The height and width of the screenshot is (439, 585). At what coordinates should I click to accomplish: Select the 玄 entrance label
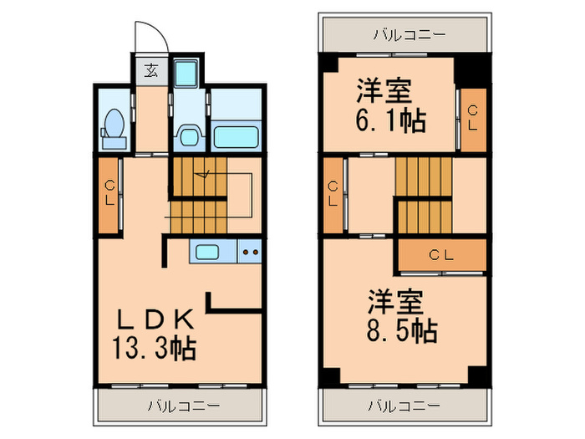pos(151,69)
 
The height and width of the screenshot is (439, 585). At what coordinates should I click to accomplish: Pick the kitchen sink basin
pos(206,250)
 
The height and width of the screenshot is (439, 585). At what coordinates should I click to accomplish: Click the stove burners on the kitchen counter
pos(250,250)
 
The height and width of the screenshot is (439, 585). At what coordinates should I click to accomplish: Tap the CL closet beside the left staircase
pos(109,194)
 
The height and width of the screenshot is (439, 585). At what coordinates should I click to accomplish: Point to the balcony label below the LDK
pos(184,407)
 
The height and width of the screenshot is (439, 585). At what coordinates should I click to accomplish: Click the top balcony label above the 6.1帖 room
pos(409,34)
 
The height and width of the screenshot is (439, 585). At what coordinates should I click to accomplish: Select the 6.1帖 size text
pos(391,120)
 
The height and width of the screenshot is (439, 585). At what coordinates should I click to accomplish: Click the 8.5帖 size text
pos(400,330)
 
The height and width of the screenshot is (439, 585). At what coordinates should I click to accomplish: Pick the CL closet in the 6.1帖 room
pos(472,118)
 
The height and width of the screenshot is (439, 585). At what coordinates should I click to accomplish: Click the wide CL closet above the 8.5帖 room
pos(441,255)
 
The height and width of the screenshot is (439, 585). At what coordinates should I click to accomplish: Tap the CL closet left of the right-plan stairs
pos(333,194)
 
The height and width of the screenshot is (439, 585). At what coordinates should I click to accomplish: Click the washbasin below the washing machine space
pos(189,135)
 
